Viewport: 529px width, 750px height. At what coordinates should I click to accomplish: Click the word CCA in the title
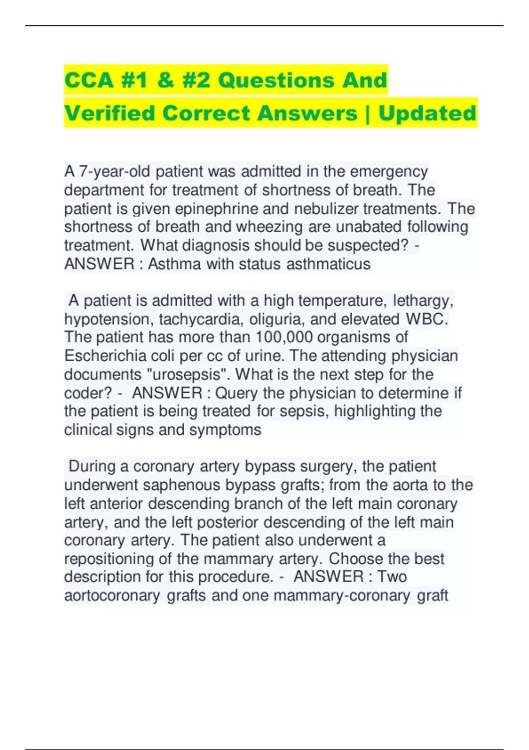(89, 80)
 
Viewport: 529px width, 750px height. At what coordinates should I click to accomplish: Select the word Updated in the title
(427, 113)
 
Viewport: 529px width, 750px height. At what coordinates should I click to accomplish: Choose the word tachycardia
(201, 319)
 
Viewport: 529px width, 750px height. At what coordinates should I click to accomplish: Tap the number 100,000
(284, 337)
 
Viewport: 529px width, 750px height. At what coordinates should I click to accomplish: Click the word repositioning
(109, 559)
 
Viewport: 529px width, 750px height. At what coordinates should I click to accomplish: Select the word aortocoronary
(112, 596)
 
